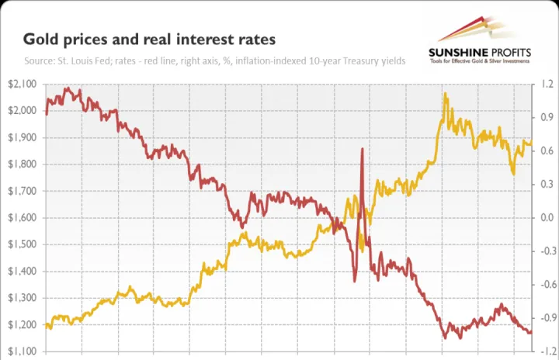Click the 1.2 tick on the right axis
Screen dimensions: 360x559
[x=547, y=84]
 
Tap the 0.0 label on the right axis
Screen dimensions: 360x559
[x=547, y=218]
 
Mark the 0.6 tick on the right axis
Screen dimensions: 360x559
[x=547, y=151]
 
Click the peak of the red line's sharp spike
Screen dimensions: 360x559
[x=362, y=149]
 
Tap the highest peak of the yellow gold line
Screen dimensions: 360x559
[x=445, y=94]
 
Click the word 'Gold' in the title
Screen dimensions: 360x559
[x=39, y=38]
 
